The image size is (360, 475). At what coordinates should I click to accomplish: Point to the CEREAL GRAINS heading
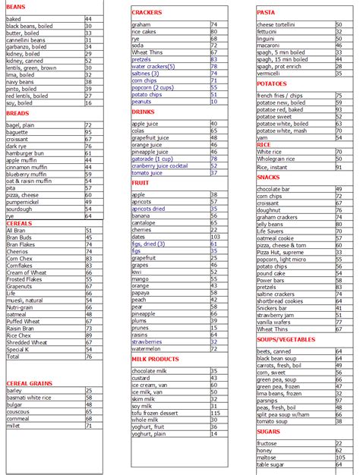click(x=29, y=383)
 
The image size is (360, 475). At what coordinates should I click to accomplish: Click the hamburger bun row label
click(x=25, y=153)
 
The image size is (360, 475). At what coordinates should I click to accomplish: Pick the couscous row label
click(x=18, y=411)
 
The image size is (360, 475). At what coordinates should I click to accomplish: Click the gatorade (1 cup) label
click(x=153, y=159)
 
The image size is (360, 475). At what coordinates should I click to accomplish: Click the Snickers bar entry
click(x=273, y=308)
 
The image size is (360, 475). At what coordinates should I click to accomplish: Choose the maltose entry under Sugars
click(x=267, y=457)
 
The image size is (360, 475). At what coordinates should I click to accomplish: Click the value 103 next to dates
click(x=216, y=237)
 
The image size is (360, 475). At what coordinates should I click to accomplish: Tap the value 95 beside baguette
click(x=89, y=132)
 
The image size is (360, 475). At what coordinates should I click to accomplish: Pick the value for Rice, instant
click(x=339, y=166)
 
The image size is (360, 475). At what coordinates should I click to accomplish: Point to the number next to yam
click(x=339, y=137)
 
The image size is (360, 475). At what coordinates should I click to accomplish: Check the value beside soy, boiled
click(x=89, y=103)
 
